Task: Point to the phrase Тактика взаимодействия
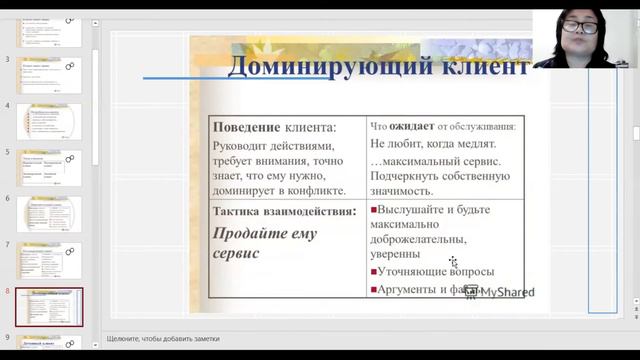284,211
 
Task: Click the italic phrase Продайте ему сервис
264,243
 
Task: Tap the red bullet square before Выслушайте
374,210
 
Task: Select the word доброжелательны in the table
419,239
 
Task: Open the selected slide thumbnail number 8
49,306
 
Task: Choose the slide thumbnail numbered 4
49,122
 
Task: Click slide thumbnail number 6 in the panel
49,214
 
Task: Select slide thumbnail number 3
49,76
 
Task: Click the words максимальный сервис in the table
440,161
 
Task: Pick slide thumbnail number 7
49,260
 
